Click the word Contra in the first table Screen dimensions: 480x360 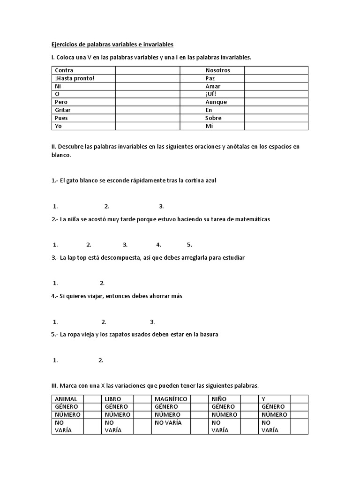pos(64,70)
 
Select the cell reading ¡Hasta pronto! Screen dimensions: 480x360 pos(75,78)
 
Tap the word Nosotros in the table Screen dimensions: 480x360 pos(217,70)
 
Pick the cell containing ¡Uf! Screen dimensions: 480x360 pos(210,94)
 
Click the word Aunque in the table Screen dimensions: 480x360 pos(216,102)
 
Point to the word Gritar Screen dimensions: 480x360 pos(63,110)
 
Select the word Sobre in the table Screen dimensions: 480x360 pos(213,118)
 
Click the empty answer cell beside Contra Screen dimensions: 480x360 pos(148,70)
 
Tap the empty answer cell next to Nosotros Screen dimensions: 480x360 pos(276,70)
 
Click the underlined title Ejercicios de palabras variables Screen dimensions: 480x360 pos(112,45)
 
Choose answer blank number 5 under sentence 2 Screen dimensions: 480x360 pos(189,245)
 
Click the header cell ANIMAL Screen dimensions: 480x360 pos(66,399)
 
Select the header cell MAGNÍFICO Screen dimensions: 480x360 pos(171,399)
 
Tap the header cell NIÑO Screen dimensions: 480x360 pos(219,399)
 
